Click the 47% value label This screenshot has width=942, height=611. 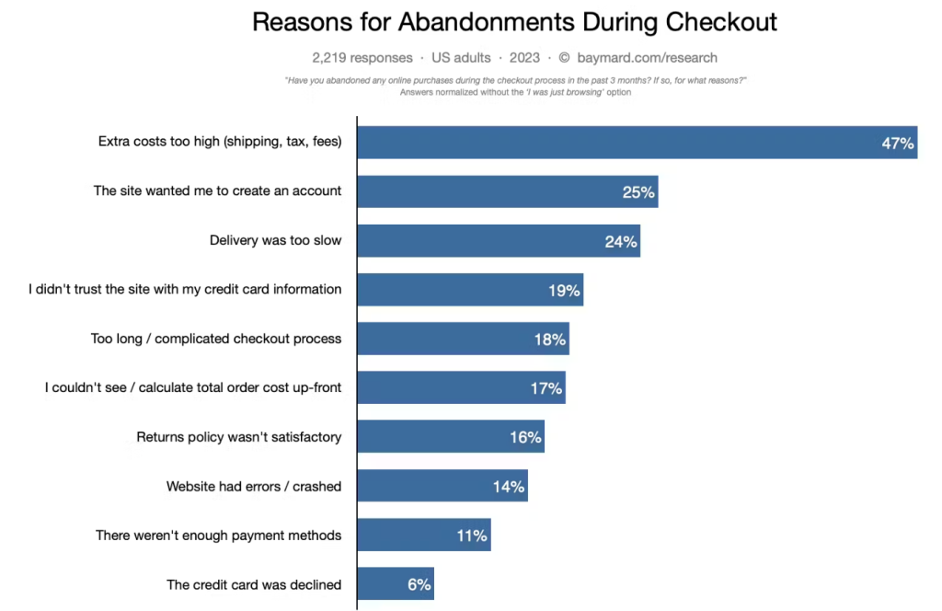tap(897, 144)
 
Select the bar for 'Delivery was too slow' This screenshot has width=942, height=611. tap(497, 241)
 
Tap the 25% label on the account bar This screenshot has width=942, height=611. tap(638, 192)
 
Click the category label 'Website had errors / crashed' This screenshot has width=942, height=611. tap(254, 486)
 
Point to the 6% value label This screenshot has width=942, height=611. tap(418, 584)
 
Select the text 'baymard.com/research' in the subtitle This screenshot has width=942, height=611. tap(648, 57)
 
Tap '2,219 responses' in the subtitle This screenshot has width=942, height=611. tap(362, 57)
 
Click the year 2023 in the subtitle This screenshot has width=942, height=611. tap(524, 57)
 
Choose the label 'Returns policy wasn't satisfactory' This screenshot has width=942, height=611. tap(239, 437)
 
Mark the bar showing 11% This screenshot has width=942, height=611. tap(423, 535)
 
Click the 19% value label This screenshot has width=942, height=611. tap(564, 290)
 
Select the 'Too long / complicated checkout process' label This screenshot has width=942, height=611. tap(216, 339)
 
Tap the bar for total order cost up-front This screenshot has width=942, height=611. tap(460, 388)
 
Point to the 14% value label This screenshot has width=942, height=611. tap(509, 486)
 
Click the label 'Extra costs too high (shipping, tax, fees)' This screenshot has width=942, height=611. tap(220, 142)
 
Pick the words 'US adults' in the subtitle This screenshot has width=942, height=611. tap(461, 57)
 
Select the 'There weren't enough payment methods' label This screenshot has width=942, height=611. tap(219, 535)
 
